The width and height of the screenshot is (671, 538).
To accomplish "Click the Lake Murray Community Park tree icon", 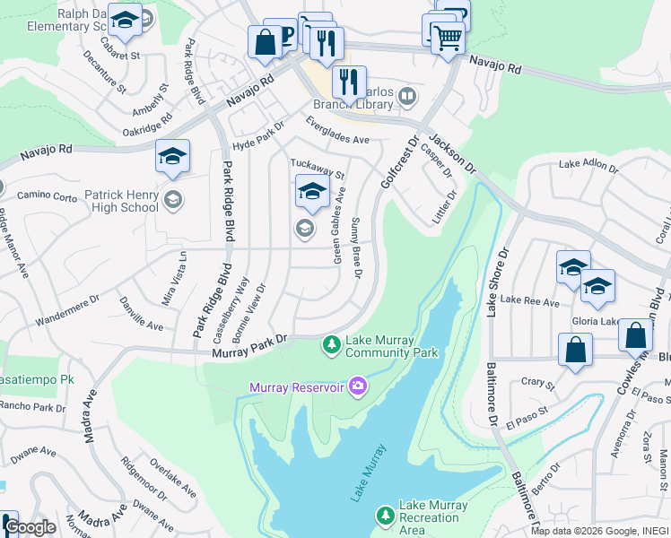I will (331, 344).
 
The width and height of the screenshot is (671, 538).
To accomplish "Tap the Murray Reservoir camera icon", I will (359, 386).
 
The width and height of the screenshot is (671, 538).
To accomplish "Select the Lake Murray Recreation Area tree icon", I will (385, 515).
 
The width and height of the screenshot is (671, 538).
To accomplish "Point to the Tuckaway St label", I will (318, 168).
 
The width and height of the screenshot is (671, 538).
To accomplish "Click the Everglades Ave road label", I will (337, 132).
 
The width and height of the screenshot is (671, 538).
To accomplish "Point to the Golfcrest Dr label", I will (400, 162).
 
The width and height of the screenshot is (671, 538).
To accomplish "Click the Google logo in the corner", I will (30, 527).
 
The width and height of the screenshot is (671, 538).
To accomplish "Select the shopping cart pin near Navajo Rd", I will (448, 38).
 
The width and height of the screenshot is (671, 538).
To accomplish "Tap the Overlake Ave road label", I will (173, 479).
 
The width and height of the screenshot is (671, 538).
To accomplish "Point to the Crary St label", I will (538, 383).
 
